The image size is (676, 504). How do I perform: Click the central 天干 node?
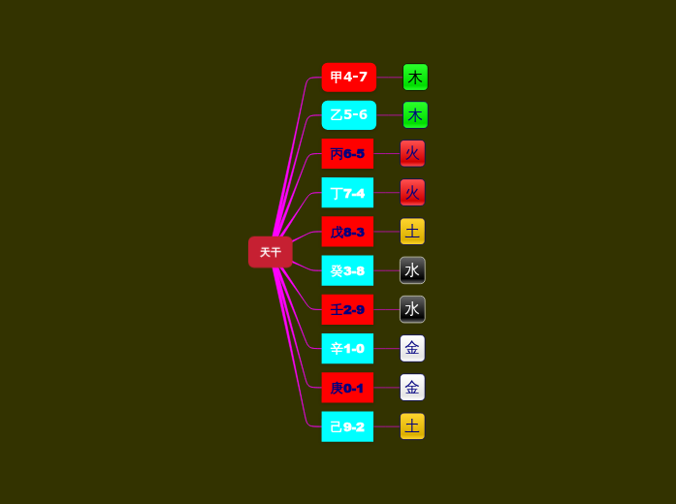point(270,252)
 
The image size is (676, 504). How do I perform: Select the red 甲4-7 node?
point(348,77)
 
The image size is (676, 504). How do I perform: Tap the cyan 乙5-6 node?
point(348,115)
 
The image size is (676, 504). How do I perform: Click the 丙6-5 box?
point(347,153)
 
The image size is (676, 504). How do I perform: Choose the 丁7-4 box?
point(347,193)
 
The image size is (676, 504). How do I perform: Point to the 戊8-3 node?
point(347,232)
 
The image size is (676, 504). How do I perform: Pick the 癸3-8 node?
point(347,270)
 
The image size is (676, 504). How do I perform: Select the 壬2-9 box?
point(347,309)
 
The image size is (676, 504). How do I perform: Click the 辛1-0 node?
point(347,348)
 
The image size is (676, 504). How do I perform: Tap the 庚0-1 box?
point(347,388)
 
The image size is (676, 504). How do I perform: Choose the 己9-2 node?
point(347,426)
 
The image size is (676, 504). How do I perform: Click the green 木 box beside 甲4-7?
point(415,78)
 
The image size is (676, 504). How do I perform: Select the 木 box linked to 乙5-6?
point(415,115)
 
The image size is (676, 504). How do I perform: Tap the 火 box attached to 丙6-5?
point(412,153)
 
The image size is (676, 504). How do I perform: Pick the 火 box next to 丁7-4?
point(412,193)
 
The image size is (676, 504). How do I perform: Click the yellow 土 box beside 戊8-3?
point(412,232)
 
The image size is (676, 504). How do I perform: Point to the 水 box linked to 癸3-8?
point(412,270)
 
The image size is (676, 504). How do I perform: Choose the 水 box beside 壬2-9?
point(412,309)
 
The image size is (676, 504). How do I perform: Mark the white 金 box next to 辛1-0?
point(412,348)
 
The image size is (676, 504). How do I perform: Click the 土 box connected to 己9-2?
point(412,426)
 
